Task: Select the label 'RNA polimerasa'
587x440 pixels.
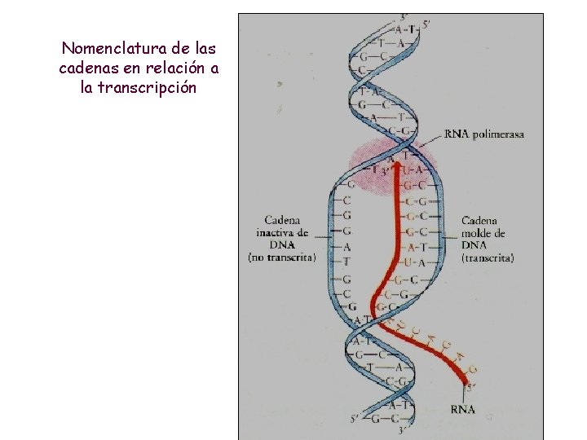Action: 484,134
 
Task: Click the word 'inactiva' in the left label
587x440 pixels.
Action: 276,232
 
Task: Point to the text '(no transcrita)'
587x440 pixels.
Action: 282,257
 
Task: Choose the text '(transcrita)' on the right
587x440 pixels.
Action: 488,257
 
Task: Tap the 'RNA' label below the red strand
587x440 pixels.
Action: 463,409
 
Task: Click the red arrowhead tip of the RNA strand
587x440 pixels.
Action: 398,165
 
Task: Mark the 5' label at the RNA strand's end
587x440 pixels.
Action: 470,387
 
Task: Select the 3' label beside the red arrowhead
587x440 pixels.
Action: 380,171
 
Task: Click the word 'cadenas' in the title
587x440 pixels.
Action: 90,68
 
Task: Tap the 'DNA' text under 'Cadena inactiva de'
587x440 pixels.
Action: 282,244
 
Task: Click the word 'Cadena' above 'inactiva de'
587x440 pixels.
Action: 282,220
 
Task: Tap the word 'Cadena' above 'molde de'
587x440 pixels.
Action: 479,220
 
